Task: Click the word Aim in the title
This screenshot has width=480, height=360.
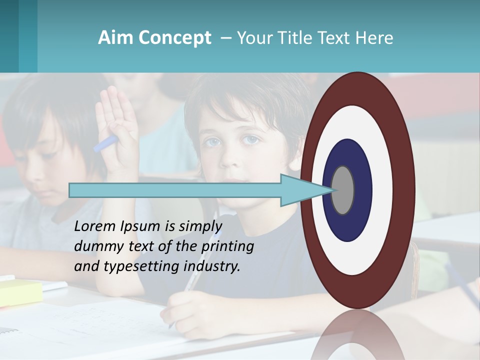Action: click(x=115, y=38)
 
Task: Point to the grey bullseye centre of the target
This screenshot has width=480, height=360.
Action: click(x=342, y=190)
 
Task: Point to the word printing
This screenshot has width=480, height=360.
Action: click(x=227, y=246)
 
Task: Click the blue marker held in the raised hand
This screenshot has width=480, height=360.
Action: click(x=105, y=143)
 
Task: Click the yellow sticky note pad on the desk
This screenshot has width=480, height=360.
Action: click(x=20, y=292)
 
